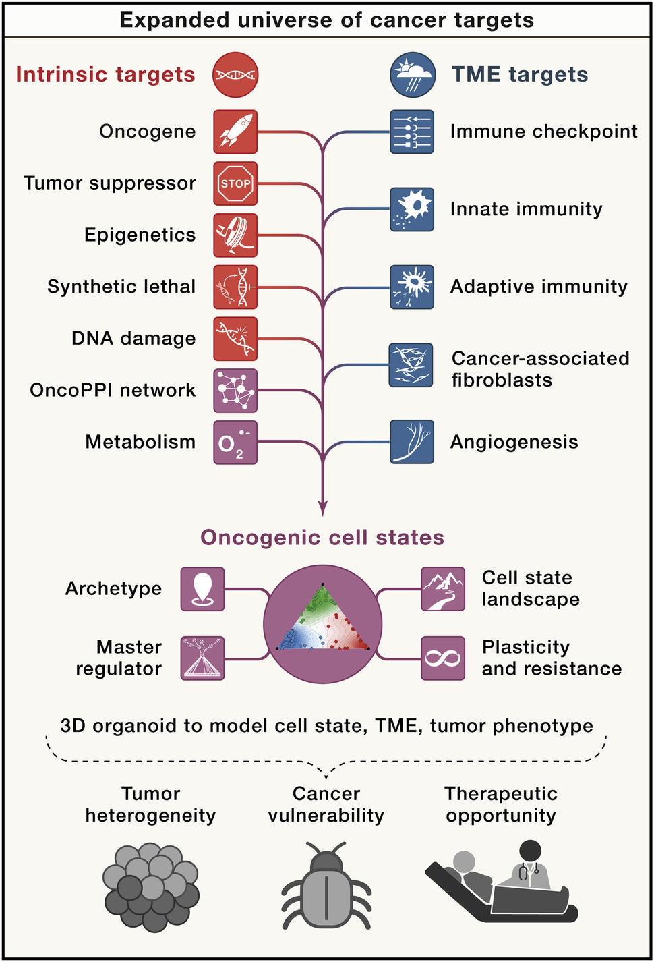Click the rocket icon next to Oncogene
(235, 132)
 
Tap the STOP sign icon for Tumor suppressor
(235, 183)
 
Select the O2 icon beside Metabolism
(235, 443)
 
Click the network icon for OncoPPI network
(235, 391)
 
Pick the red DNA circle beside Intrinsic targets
(235, 75)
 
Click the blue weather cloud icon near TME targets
(413, 75)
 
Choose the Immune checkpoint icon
(412, 132)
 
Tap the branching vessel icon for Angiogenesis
(412, 443)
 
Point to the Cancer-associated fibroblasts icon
(411, 365)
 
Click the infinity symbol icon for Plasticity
(443, 658)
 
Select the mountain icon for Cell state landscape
(443, 589)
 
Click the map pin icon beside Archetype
(202, 589)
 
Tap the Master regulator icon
(202, 658)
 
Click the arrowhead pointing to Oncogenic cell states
(324, 509)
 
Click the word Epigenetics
(140, 235)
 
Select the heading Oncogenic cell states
(322, 538)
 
